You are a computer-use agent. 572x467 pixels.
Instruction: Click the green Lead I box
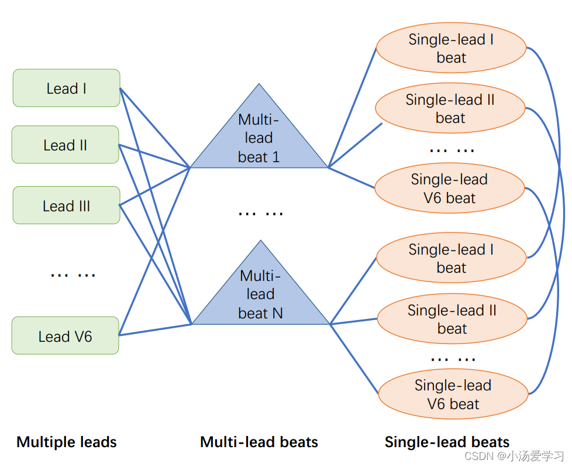coord(66,88)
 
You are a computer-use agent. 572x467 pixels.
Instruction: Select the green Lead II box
coord(65,145)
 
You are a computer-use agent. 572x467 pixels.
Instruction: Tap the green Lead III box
coord(66,205)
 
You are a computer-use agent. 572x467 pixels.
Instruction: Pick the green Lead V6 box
coord(65,336)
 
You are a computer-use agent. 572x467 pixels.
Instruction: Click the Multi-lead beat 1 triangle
coord(259,140)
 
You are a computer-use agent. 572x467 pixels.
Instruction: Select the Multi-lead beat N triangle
coord(261,296)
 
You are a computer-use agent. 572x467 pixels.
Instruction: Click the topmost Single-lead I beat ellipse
coord(451,48)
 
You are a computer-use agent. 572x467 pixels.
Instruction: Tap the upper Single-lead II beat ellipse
coord(450,109)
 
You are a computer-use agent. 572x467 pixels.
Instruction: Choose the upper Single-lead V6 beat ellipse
coord(449,188)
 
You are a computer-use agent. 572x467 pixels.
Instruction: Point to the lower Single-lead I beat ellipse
coord(451,259)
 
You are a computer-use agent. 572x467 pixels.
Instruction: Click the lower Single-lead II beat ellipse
coord(452,320)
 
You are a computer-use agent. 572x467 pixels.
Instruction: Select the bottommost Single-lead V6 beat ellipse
coord(453,394)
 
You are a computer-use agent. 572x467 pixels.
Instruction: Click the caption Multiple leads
coord(67,442)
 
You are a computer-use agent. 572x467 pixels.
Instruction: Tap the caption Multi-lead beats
coord(259,442)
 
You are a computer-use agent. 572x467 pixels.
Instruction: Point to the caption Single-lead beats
coord(447,442)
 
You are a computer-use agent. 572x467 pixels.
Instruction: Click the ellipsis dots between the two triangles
coord(260,212)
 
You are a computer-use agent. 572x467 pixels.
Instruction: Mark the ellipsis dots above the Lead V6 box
coord(73,274)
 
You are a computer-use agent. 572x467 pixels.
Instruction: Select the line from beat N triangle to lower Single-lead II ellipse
coord(354,321)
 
